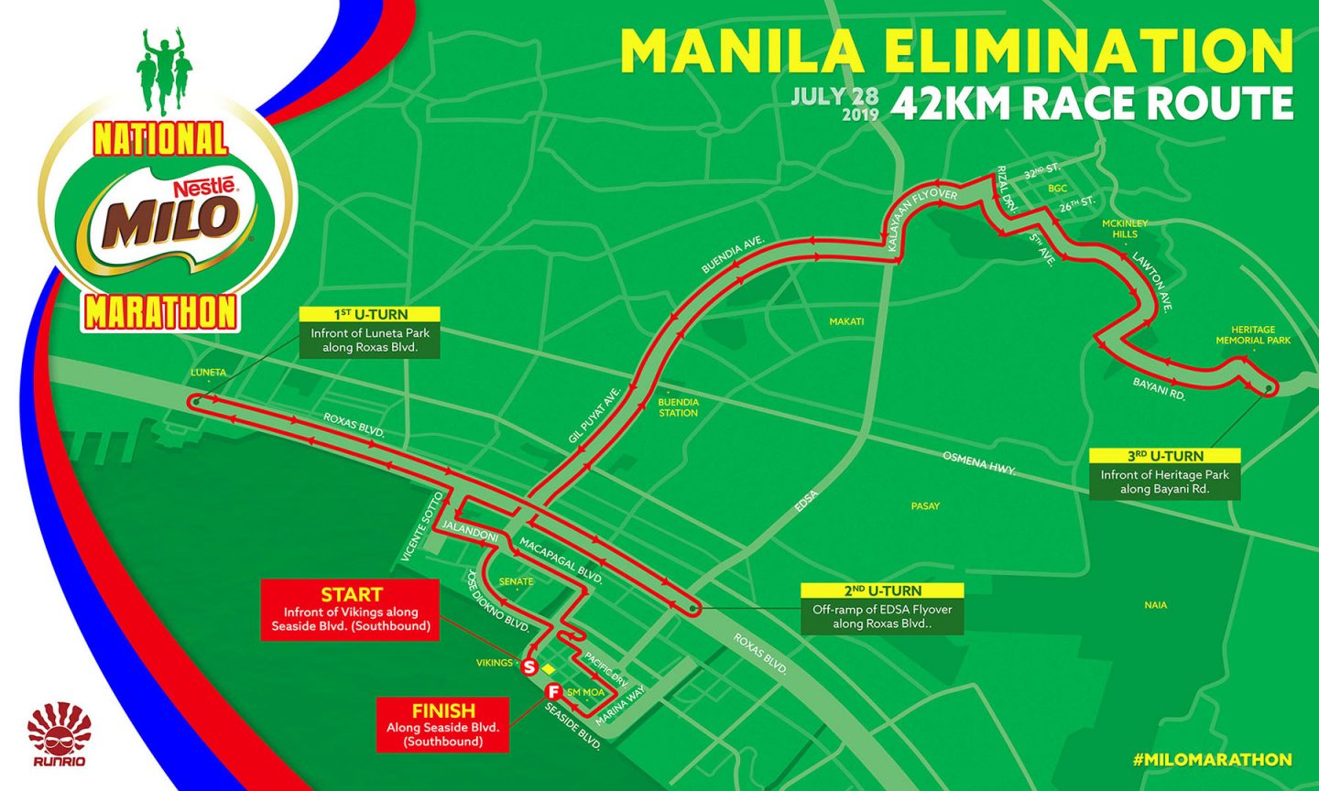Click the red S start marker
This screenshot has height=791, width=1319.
(529, 668)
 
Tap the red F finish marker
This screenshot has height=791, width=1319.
(553, 691)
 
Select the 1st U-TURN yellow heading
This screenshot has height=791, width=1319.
(371, 315)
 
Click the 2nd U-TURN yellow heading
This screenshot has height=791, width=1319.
(882, 591)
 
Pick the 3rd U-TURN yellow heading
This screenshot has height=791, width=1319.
(1165, 456)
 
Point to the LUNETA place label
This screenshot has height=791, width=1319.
(209, 373)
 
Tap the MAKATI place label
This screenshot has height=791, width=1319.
(846, 321)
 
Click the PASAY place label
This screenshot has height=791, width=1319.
(925, 505)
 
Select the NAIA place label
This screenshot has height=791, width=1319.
(1156, 605)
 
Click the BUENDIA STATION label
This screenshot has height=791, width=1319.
(679, 407)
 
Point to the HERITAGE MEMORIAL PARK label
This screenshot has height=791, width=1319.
(1252, 335)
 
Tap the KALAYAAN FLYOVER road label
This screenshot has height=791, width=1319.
(921, 210)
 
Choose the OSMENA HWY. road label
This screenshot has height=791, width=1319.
(980, 462)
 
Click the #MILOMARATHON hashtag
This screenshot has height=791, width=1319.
(1212, 760)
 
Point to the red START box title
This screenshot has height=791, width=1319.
(352, 594)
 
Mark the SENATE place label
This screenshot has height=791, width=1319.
(516, 581)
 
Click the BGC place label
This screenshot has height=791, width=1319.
(1058, 189)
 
